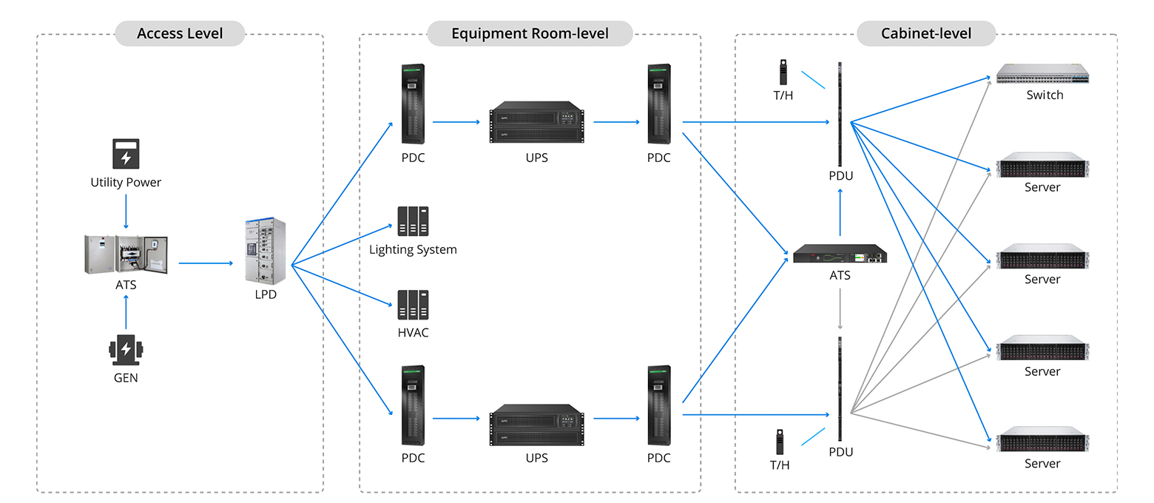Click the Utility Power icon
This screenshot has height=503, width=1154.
click(x=126, y=154)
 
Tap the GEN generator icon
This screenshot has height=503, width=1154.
click(x=126, y=350)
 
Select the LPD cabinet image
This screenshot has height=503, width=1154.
click(x=266, y=251)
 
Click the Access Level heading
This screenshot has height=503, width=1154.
click(x=180, y=33)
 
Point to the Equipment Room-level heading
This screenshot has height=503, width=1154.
click(x=530, y=33)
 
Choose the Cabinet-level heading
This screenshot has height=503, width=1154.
click(x=925, y=33)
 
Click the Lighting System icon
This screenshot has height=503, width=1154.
click(x=413, y=221)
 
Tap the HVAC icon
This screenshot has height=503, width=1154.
click(x=413, y=305)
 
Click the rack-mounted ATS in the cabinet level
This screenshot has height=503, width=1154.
click(x=840, y=254)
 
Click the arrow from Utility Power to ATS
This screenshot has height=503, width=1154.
click(x=126, y=212)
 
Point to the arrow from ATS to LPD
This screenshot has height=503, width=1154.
click(x=207, y=263)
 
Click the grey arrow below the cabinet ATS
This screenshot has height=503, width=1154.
click(x=840, y=309)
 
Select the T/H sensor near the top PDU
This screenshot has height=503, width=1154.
click(x=781, y=72)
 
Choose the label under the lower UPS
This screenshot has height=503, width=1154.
click(x=536, y=459)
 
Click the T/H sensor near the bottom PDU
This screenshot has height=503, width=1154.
click(x=779, y=442)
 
